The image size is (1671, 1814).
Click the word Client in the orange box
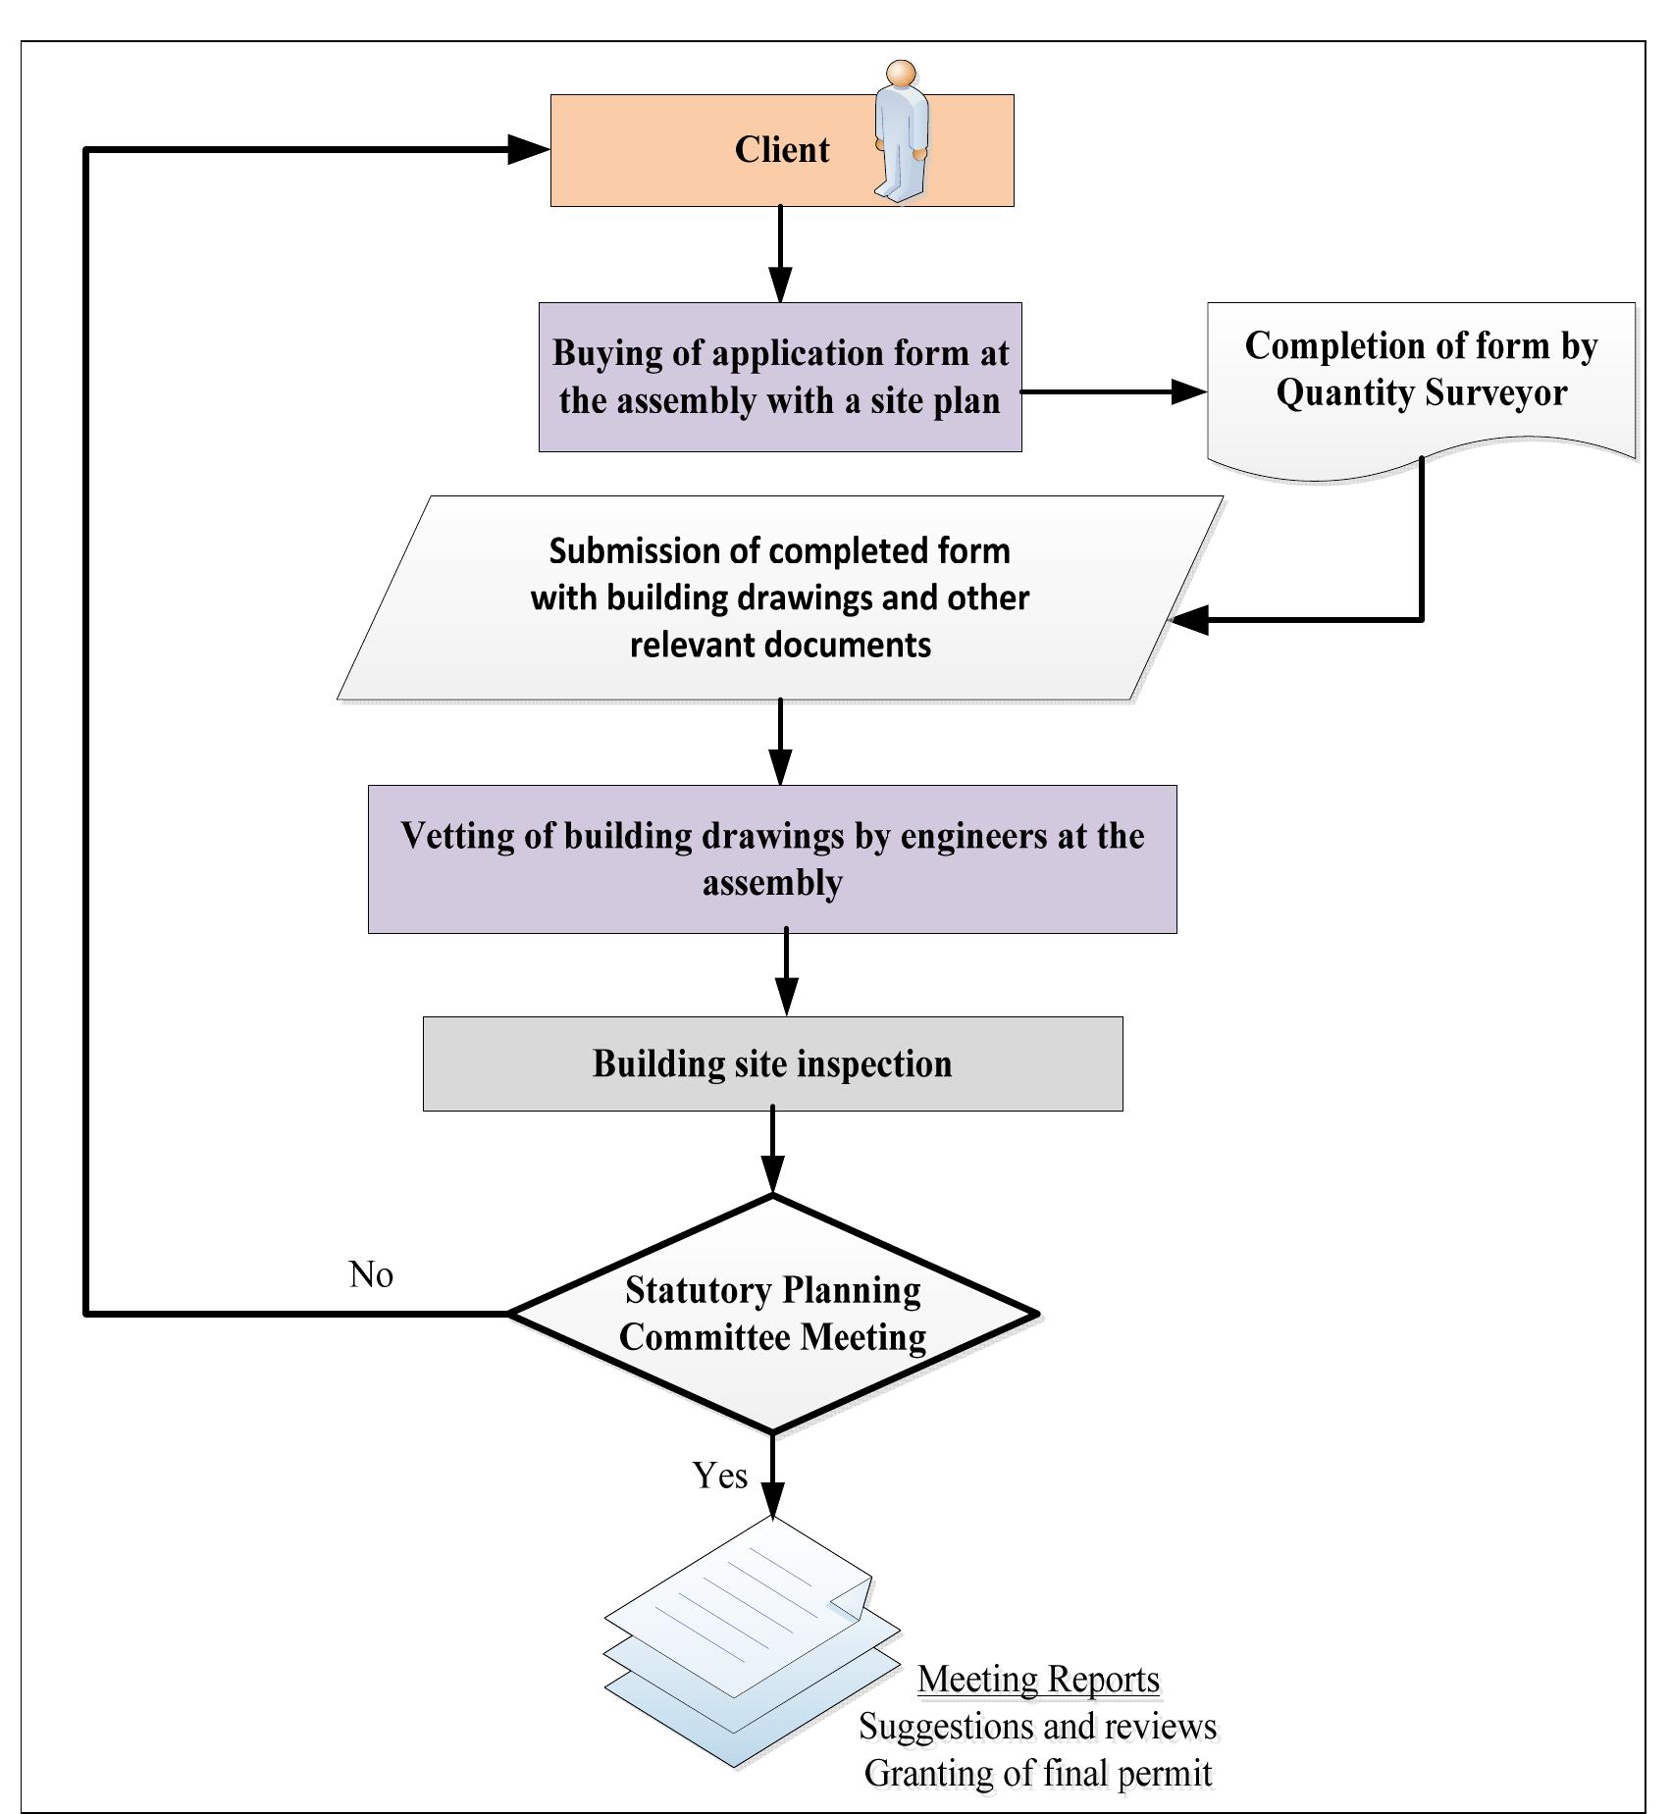point(781,150)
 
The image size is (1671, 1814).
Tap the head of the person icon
point(901,74)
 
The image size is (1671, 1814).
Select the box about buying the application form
point(780,377)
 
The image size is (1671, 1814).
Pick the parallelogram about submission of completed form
point(780,597)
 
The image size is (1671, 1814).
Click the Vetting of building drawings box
point(772,858)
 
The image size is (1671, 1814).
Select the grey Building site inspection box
point(772,1063)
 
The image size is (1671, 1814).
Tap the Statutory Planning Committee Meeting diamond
point(772,1313)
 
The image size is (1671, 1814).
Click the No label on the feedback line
point(371,1274)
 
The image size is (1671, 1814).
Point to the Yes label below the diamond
point(719,1476)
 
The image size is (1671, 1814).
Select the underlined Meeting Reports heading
point(1038,1679)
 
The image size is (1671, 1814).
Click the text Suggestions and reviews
point(1038,1727)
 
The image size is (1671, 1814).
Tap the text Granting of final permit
point(1038,1774)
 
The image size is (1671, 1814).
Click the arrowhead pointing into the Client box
point(528,150)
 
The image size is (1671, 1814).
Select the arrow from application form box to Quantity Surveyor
point(1114,391)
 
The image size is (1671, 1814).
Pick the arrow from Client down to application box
point(780,255)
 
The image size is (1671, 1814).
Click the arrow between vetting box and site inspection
point(786,974)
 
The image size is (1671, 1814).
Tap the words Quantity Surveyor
point(1421,392)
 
